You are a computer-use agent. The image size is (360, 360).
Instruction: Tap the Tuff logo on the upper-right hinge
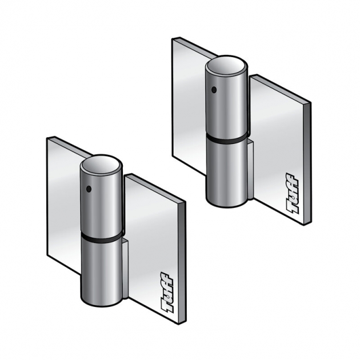293,194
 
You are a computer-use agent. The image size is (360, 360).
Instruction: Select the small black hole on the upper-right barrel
213,89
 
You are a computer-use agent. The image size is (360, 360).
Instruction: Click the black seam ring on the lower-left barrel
101,235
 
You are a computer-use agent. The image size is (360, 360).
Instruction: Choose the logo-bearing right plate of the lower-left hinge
154,246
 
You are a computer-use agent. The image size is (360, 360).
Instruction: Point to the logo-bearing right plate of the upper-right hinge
280,149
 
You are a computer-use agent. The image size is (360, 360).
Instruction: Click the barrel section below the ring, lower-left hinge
101,269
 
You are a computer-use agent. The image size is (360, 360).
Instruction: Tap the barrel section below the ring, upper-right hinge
227,171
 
